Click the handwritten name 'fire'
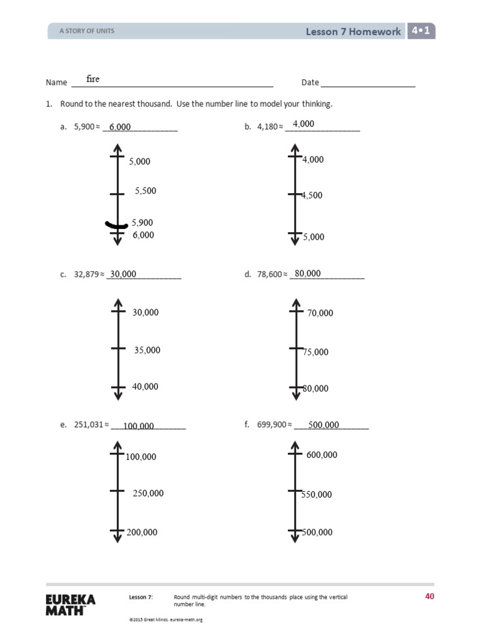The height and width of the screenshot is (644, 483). coord(93,79)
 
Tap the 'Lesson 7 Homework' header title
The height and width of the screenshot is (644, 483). coord(353,31)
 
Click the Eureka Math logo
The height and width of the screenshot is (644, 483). coord(70,605)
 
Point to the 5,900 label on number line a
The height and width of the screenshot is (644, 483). coord(142,223)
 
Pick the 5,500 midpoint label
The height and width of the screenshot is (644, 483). coord(145,191)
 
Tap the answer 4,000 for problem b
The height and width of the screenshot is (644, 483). coord(303,124)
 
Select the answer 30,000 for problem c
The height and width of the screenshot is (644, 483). coord(123,274)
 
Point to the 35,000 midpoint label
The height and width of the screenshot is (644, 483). coord(147,350)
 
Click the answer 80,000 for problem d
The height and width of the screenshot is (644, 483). coord(308,274)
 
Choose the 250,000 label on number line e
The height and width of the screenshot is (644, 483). coord(148,494)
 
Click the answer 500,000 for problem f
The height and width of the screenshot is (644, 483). coord(324,425)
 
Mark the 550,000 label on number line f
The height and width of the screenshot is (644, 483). coord(317,495)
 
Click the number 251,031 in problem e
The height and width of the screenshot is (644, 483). coord(88,425)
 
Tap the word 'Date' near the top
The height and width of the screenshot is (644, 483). coord(310,82)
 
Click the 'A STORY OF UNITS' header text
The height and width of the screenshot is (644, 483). coord(87,31)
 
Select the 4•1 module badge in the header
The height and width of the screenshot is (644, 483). coord(421,31)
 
